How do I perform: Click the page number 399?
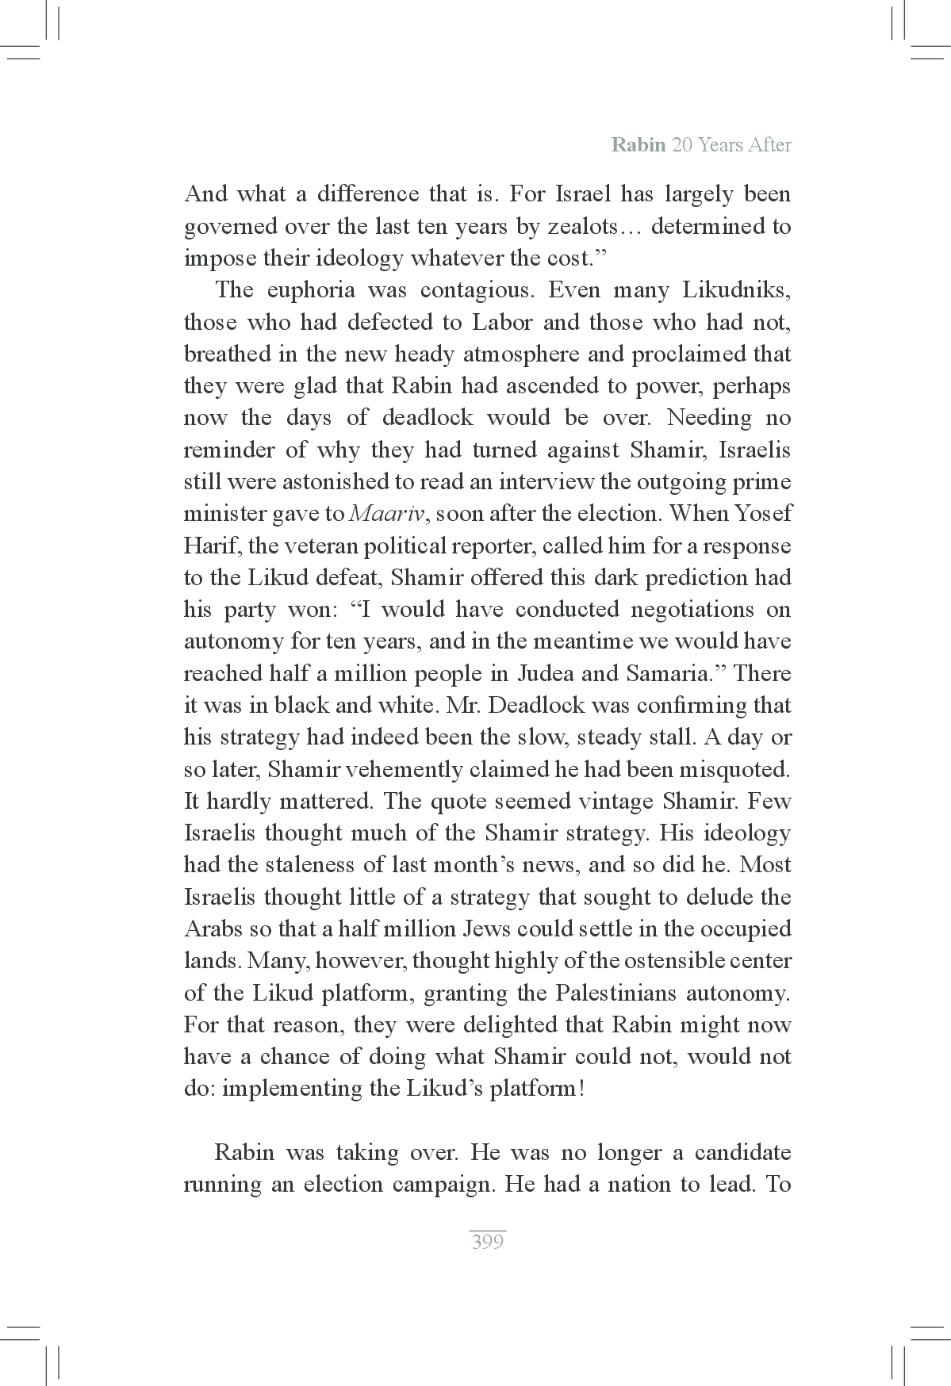coord(487,1242)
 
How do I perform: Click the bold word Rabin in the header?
coord(638,145)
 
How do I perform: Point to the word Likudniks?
coord(736,290)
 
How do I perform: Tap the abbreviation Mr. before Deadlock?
coord(460,706)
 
